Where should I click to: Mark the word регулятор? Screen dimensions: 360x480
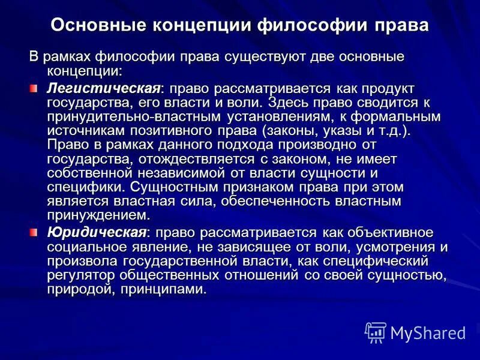click(x=82, y=275)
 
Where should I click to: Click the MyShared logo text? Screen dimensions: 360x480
click(x=427, y=332)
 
